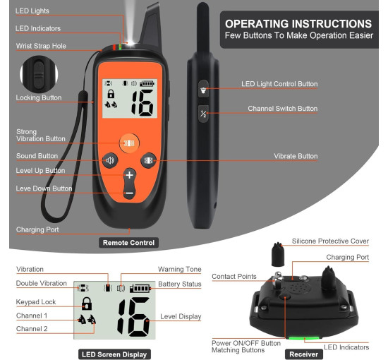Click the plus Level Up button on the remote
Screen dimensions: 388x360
point(129,175)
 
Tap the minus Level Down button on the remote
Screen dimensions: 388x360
point(129,193)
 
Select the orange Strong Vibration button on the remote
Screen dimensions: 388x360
point(129,143)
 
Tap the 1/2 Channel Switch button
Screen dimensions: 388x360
point(203,114)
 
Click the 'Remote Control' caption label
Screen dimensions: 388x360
point(128,243)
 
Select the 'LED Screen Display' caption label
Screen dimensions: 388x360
point(114,354)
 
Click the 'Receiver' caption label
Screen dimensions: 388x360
point(304,354)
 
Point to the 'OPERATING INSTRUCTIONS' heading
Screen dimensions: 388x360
point(298,24)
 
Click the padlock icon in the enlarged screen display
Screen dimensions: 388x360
point(87,304)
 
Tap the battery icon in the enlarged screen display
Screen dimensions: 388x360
point(140,289)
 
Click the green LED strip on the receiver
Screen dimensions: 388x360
point(304,337)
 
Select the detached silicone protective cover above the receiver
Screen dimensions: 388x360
point(278,255)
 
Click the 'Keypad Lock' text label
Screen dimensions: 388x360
point(36,302)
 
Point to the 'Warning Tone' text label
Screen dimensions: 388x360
point(180,269)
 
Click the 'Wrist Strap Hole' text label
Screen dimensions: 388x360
point(41,46)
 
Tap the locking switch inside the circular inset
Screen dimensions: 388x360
point(39,74)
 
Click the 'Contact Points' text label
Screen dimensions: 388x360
point(234,276)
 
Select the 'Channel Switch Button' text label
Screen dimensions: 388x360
point(283,109)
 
